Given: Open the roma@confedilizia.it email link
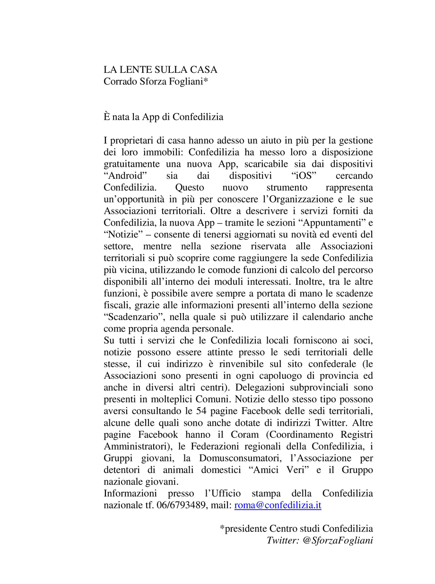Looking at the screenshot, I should [x=278, y=505].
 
